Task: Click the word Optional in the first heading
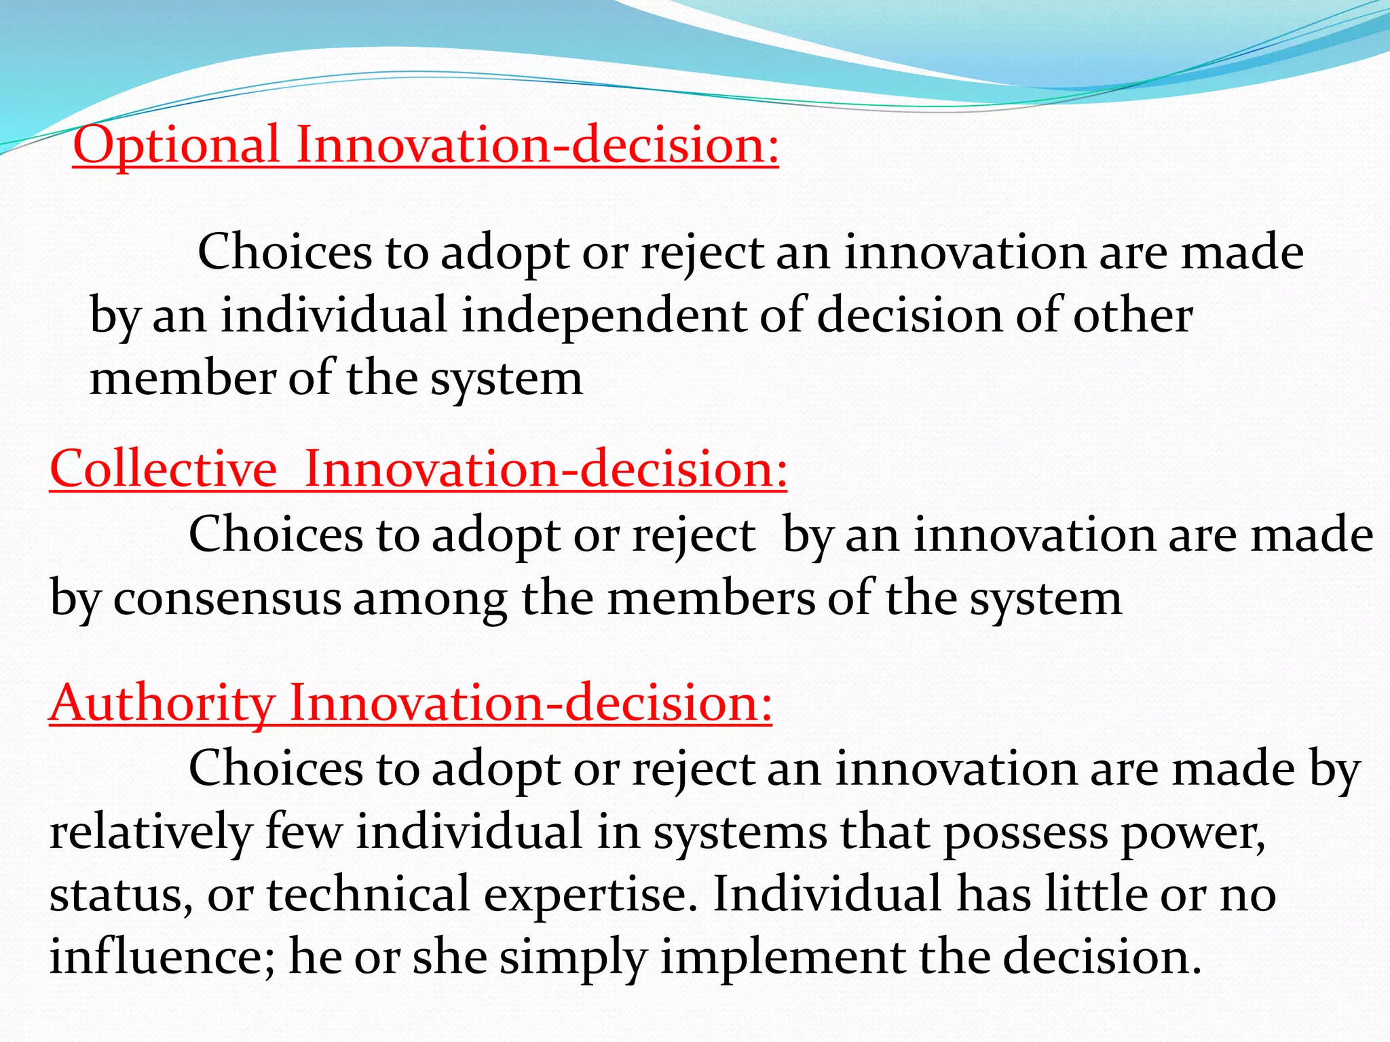pos(176,145)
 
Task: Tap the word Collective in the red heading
pos(163,469)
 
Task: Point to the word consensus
pos(227,599)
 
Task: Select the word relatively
pos(150,832)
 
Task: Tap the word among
pos(430,599)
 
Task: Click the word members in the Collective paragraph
pos(711,599)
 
